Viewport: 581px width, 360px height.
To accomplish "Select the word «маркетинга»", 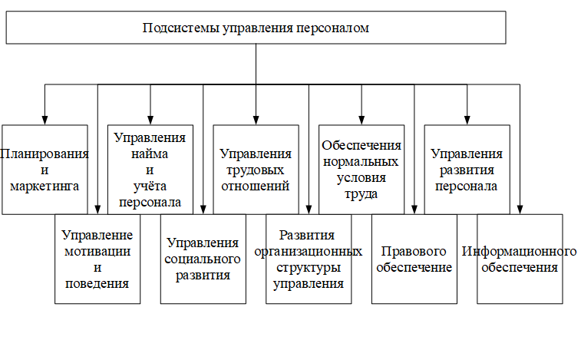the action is [x=45, y=186].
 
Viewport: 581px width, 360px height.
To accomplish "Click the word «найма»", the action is [x=150, y=154].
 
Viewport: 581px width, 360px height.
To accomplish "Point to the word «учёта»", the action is [x=150, y=186].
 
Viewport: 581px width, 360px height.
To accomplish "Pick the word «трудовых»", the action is [x=256, y=170].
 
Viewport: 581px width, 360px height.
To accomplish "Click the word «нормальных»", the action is [x=361, y=162].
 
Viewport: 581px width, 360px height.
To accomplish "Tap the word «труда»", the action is [x=361, y=194].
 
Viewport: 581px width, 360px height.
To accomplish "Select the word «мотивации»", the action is [x=97, y=252].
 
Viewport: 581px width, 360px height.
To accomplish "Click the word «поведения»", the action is [x=97, y=284].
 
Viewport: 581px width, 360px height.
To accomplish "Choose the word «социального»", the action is [x=203, y=259].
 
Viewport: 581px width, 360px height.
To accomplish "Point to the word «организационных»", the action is [x=309, y=252].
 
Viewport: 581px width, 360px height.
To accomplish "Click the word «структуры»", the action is [x=309, y=268].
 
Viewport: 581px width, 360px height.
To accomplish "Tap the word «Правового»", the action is [x=414, y=251].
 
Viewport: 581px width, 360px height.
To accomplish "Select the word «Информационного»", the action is [x=519, y=252].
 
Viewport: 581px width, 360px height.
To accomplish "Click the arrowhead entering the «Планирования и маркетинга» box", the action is [x=45, y=120].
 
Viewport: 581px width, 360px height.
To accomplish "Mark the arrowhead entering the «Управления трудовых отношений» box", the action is [x=256, y=120].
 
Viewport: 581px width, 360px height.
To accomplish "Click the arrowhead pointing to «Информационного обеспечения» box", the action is [x=520, y=210].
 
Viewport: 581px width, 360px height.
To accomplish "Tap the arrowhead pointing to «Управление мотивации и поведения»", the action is [x=97, y=210].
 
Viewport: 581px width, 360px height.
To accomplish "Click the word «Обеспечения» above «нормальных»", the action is [x=361, y=146].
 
